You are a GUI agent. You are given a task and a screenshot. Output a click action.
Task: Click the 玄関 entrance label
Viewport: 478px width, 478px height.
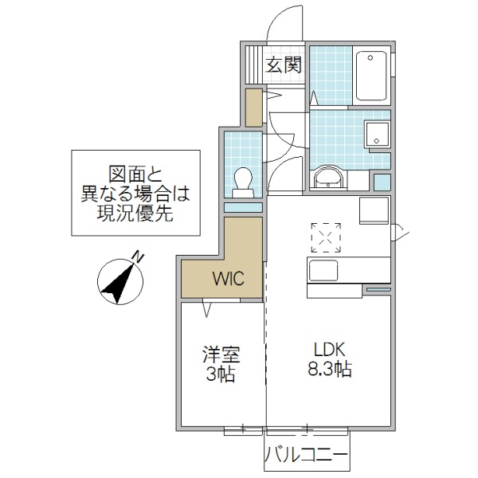pos(283,65)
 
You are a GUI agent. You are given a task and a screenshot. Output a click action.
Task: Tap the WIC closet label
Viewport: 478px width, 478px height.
pos(222,280)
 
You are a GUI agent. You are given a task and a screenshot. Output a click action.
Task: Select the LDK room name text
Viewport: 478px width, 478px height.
pos(327,350)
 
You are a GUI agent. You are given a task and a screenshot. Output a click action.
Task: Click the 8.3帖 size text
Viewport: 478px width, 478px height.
pos(328,370)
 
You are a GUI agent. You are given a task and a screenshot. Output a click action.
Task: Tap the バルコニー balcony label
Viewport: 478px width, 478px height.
pos(307,456)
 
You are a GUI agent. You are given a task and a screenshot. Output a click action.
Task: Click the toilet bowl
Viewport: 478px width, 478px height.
pos(244,181)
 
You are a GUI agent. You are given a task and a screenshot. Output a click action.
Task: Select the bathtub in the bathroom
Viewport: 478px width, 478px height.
pos(370,73)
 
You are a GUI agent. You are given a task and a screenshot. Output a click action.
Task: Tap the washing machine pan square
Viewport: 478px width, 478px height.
pos(376,135)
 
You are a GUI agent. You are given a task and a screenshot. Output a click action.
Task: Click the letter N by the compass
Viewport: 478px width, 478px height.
pos(137,257)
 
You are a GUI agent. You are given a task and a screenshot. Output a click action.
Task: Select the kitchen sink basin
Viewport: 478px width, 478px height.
pos(323,270)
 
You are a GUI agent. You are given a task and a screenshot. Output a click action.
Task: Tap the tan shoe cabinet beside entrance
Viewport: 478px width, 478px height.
pos(253,108)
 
